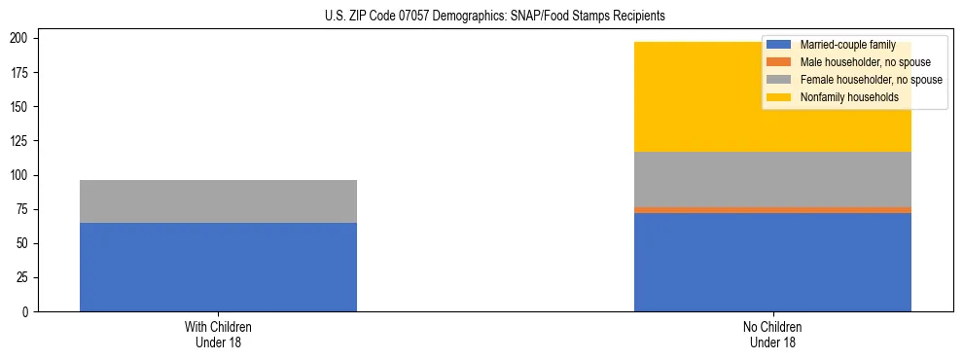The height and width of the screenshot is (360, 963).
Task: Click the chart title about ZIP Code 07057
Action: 495,17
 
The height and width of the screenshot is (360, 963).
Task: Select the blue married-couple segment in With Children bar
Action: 218,267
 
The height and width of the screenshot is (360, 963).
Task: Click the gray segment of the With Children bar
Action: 218,201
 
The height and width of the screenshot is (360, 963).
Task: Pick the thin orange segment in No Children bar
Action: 772,209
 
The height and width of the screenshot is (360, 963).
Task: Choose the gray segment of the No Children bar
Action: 772,179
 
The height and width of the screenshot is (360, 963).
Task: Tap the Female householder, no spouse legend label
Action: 871,80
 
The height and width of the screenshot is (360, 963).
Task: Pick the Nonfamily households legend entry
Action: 849,97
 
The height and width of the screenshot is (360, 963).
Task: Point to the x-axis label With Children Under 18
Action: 218,335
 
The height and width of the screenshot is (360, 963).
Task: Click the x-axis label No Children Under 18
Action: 772,335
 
